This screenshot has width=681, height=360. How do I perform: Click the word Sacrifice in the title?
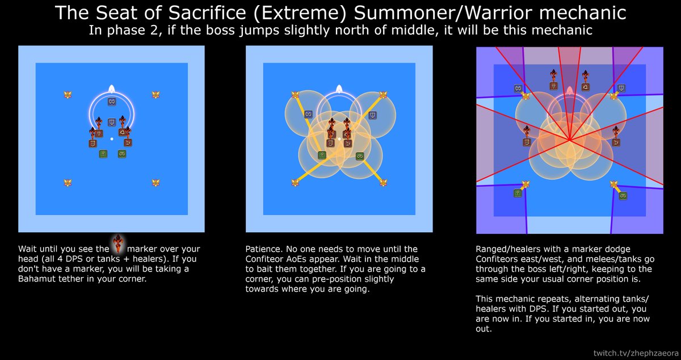207,13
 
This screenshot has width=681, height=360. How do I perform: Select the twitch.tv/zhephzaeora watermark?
636,353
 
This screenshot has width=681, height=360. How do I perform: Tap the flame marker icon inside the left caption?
118,244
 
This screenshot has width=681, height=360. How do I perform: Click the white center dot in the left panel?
112,139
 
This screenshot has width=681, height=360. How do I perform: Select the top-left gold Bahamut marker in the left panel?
68,95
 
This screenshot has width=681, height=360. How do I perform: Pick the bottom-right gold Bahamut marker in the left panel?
155,183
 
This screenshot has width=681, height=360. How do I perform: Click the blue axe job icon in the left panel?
112,102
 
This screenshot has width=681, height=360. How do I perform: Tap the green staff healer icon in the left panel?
103,154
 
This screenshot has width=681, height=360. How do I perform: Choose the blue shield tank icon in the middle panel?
373,115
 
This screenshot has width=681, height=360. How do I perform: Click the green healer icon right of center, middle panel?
360,156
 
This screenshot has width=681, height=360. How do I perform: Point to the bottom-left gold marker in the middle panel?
295,183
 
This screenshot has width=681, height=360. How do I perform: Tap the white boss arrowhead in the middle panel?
339,89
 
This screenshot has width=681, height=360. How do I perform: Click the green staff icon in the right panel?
518,193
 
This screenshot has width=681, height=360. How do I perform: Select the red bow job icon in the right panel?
616,143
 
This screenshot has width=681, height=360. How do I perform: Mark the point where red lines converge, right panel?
570,140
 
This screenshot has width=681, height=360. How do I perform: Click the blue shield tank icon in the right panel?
621,88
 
